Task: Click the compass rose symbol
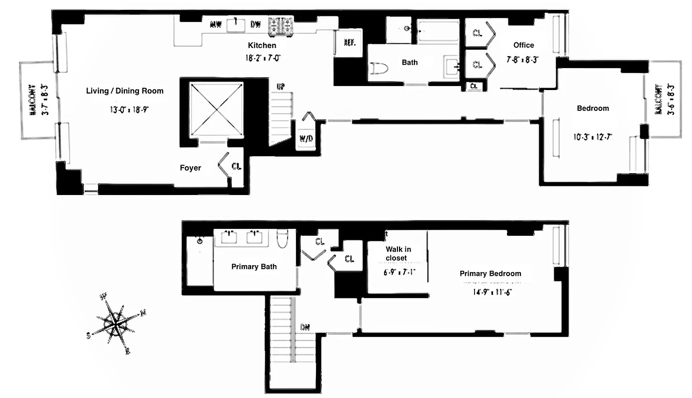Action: point(117,324)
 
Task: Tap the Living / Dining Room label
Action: point(124,91)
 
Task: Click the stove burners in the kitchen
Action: point(282,26)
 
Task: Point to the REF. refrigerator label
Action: point(349,43)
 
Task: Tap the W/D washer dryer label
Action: point(306,138)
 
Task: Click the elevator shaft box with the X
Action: point(216,108)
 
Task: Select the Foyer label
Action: point(191,168)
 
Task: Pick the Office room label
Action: point(523,45)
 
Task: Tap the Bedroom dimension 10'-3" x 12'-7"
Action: point(593,136)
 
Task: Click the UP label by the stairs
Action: point(281,87)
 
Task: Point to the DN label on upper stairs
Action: point(305,327)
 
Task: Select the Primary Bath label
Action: point(254,267)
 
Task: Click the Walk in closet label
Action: point(398,254)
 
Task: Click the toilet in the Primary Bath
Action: point(282,238)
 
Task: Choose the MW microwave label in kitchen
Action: point(215,24)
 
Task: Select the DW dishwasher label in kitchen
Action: point(256,24)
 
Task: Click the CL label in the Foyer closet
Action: point(236,166)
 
